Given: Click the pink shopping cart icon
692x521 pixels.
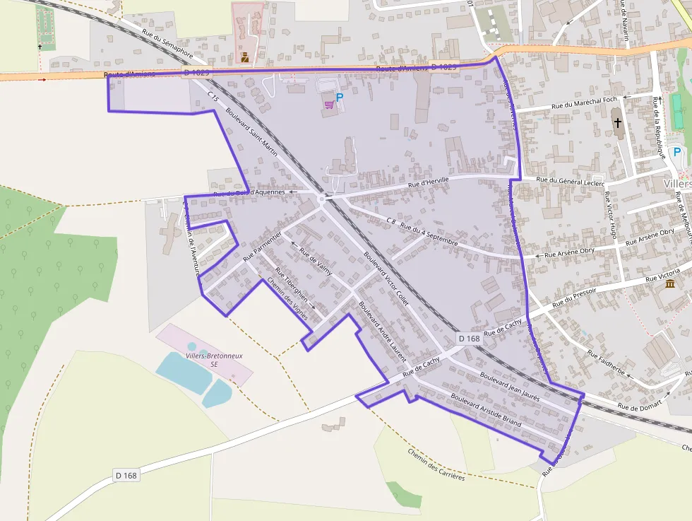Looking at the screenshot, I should [328, 105].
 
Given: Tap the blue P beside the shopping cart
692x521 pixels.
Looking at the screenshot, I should [339, 98].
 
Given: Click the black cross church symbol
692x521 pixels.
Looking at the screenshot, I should [618, 123].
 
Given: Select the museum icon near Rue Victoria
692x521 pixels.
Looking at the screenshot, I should [669, 284].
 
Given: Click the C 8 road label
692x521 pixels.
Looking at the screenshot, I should [390, 221].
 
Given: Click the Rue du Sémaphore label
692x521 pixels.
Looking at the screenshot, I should [167, 46].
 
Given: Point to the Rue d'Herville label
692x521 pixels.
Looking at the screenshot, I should [429, 183].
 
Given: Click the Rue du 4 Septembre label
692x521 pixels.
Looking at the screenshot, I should [429, 235].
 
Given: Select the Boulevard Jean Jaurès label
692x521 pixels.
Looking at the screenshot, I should [509, 386].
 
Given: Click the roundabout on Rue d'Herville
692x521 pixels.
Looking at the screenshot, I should [322, 199].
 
